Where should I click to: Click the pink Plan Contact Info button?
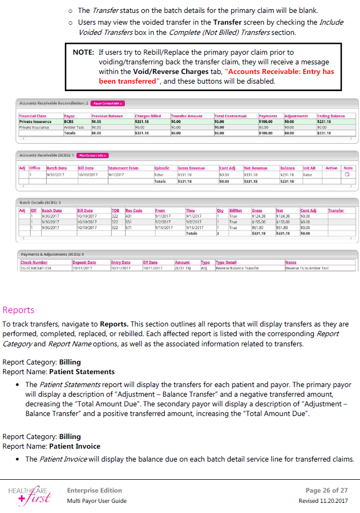point(93,155)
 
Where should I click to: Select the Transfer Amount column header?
point(186,116)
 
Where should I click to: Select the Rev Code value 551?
point(129,222)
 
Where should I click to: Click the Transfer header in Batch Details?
point(336,211)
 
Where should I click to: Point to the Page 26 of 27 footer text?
point(326,490)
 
